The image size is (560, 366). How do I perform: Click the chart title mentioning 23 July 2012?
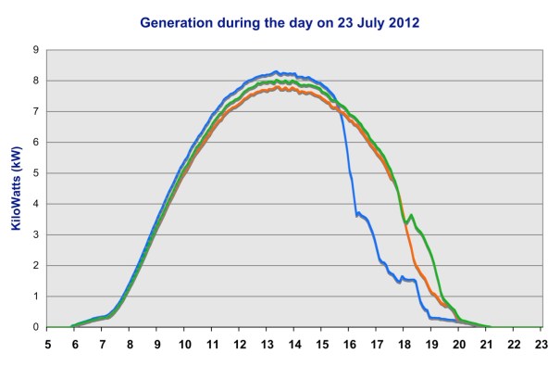280,21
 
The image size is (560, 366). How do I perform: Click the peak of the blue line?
276,71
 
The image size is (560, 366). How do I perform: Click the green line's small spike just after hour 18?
411,216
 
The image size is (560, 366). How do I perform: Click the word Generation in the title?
172,21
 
